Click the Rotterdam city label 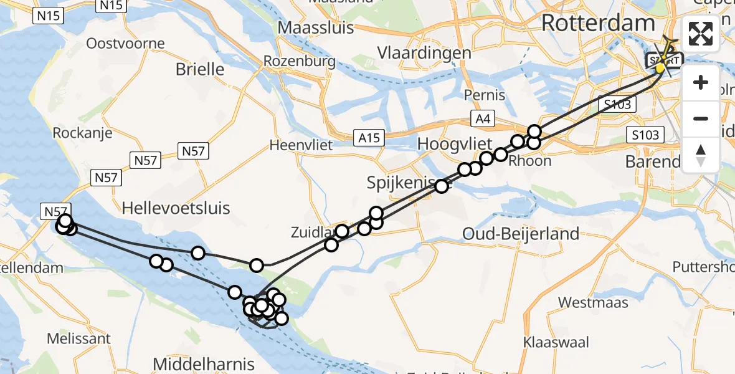pyautogui.click(x=598, y=24)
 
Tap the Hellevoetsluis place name pyautogui.click(x=176, y=208)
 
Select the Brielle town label pyautogui.click(x=200, y=69)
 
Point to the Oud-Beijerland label pyautogui.click(x=521, y=234)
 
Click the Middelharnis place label pyautogui.click(x=203, y=363)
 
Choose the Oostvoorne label pyautogui.click(x=126, y=44)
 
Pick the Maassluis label pyautogui.click(x=316, y=28)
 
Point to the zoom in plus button pyautogui.click(x=701, y=83)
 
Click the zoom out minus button pyautogui.click(x=701, y=118)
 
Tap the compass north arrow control pyautogui.click(x=701, y=155)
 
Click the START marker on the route pyautogui.click(x=663, y=61)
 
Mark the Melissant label pyautogui.click(x=79, y=339)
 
